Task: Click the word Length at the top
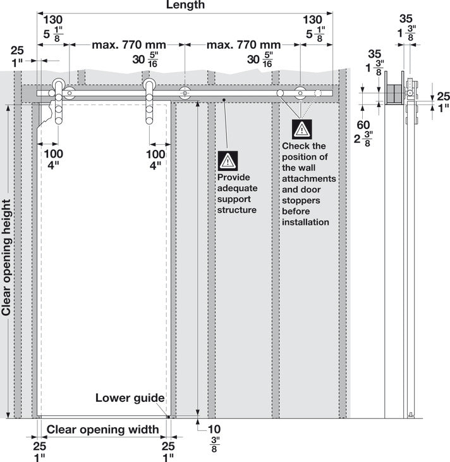[185, 4]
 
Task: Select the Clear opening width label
[103, 430]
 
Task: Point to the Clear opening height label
[6, 258]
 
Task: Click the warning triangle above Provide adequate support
[228, 161]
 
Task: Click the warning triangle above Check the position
[301, 129]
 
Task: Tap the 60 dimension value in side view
[363, 125]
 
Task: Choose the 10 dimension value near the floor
[214, 429]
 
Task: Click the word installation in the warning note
[305, 222]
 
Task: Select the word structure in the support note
[237, 210]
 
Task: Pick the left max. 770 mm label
[129, 45]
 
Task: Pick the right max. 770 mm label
[243, 45]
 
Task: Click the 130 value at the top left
[53, 20]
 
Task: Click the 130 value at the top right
[313, 20]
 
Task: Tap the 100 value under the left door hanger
[54, 154]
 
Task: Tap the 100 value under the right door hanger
[155, 154]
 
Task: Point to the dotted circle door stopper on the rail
[317, 93]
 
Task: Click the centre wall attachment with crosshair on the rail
[185, 93]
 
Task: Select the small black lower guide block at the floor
[168, 416]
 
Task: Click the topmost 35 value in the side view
[406, 19]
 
